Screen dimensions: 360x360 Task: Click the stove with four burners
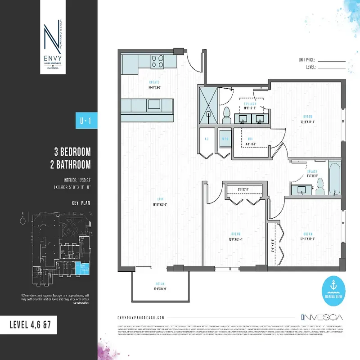click(157, 61)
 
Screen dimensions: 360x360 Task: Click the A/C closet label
click(207, 139)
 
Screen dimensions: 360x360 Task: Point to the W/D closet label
click(225, 139)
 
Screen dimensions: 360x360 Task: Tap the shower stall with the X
click(209, 104)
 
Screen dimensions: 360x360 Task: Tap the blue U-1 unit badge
click(82, 121)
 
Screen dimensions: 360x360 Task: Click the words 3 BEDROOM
click(72, 151)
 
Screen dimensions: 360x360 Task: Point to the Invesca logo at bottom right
click(315, 317)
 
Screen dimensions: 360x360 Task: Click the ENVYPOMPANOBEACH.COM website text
click(139, 317)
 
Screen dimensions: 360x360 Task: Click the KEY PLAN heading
click(81, 203)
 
